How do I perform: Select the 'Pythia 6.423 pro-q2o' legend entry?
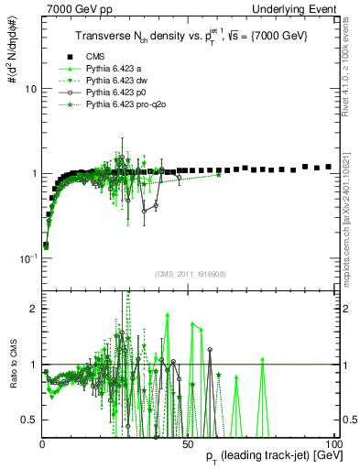[x=127, y=106]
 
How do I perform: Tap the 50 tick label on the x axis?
[x=187, y=443]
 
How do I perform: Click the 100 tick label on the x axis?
[x=333, y=443]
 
